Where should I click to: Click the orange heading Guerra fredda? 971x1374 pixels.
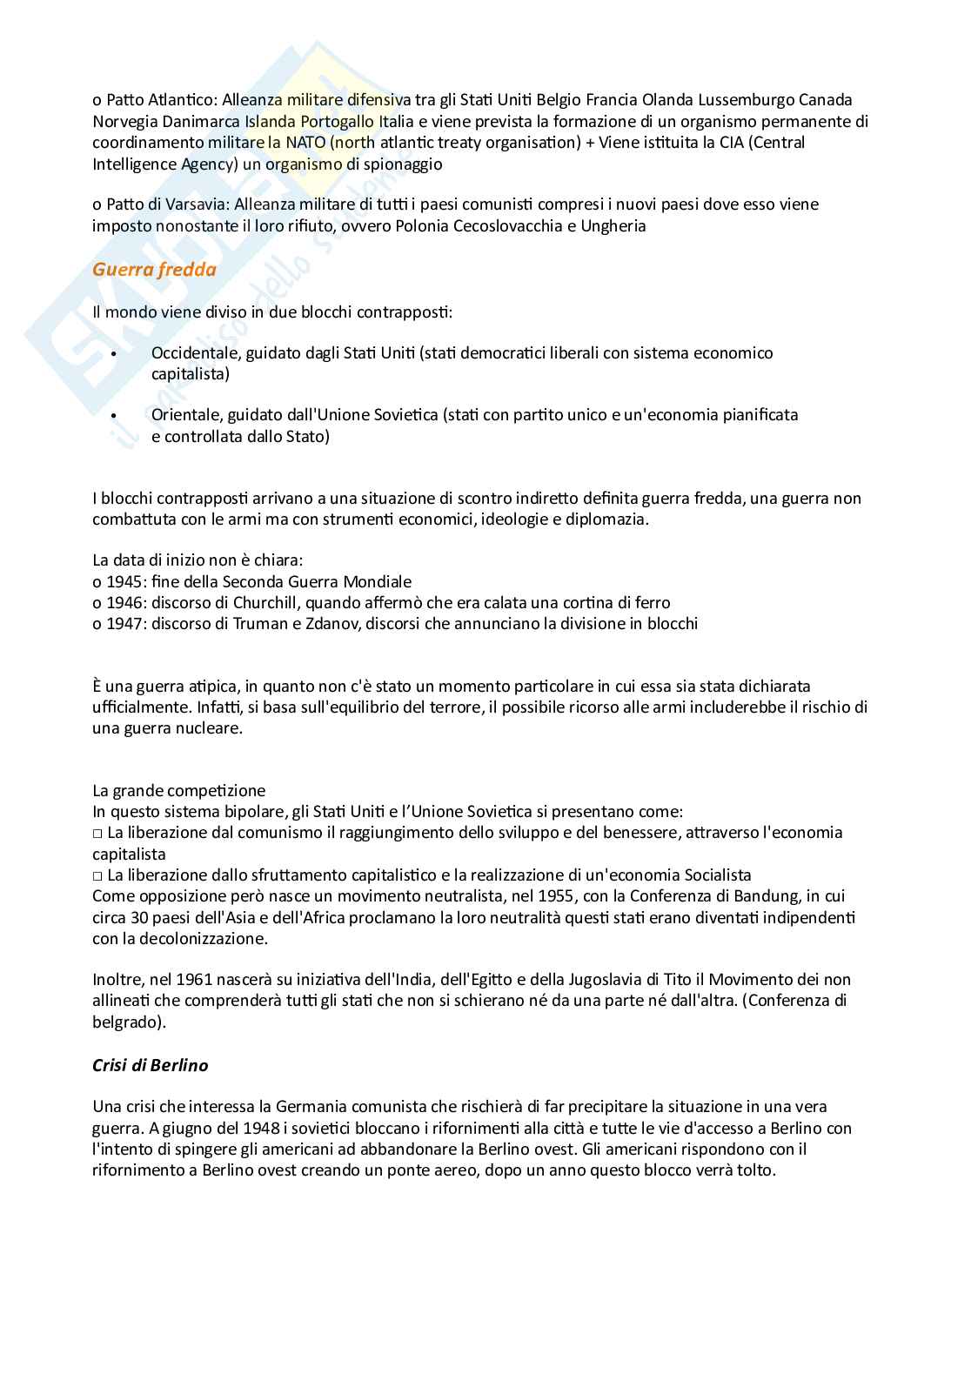pyautogui.click(x=154, y=270)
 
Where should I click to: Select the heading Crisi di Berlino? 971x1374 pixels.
pyautogui.click(x=150, y=1065)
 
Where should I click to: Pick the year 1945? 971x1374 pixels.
pyautogui.click(x=124, y=581)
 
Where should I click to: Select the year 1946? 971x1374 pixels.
pyautogui.click(x=124, y=602)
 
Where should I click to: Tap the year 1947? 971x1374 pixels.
pyautogui.click(x=124, y=623)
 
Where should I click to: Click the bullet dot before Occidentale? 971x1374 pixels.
pyautogui.click(x=114, y=353)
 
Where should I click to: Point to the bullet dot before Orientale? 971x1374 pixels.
pyautogui.click(x=114, y=415)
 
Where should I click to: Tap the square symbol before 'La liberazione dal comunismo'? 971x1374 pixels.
pyautogui.click(x=97, y=833)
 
